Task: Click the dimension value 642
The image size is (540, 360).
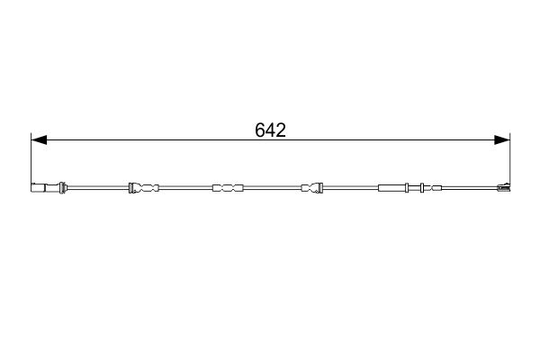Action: tap(270, 130)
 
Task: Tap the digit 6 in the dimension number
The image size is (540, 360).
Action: tap(260, 130)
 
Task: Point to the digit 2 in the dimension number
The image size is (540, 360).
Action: tap(281, 130)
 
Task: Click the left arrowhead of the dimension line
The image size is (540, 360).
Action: tap(39, 139)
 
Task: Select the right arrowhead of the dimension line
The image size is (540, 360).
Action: tap(502, 139)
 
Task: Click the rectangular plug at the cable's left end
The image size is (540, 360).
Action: tap(38, 188)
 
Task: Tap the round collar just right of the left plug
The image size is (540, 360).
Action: tap(62, 188)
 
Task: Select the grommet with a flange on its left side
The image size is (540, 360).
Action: tap(144, 188)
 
